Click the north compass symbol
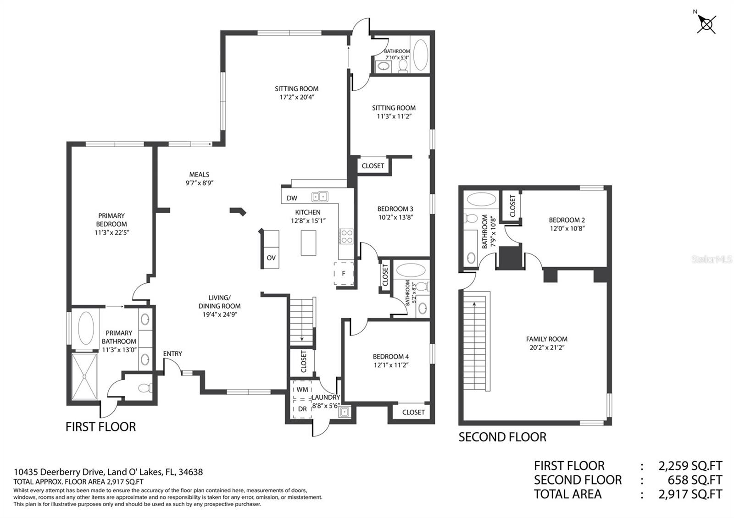pyautogui.click(x=706, y=23)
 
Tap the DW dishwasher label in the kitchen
pyautogui.click(x=292, y=198)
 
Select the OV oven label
pyautogui.click(x=271, y=258)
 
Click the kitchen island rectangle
pyautogui.click(x=309, y=242)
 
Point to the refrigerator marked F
pyautogui.click(x=344, y=273)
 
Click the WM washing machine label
pyautogui.click(x=302, y=390)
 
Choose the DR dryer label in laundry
pyautogui.click(x=302, y=409)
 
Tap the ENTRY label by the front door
pyautogui.click(x=172, y=353)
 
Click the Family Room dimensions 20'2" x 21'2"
pyautogui.click(x=547, y=347)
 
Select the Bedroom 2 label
pyautogui.click(x=567, y=220)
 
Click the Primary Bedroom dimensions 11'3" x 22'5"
pyautogui.click(x=112, y=232)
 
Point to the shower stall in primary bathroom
pyautogui.click(x=84, y=376)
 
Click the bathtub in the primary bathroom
pyautogui.click(x=86, y=328)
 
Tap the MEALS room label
pyautogui.click(x=199, y=175)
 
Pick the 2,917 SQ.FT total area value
pyautogui.click(x=690, y=494)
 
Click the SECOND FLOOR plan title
pyautogui.click(x=502, y=437)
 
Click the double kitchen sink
pyautogui.click(x=320, y=197)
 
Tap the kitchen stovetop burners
pyautogui.click(x=346, y=237)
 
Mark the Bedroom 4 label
pyautogui.click(x=390, y=357)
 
